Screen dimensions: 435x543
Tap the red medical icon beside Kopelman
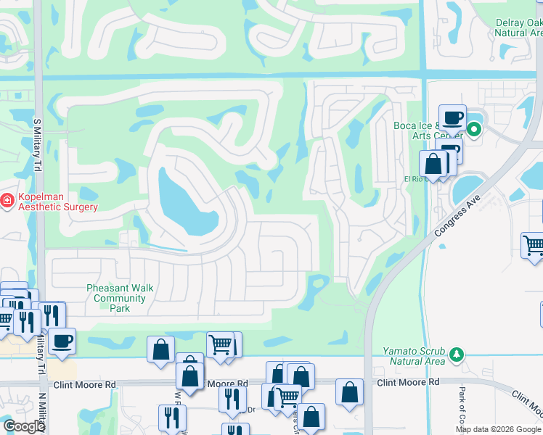[x=7, y=199]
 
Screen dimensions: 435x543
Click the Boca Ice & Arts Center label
[x=428, y=130]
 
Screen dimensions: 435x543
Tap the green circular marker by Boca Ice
[x=474, y=130]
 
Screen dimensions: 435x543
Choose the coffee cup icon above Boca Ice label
[x=452, y=117]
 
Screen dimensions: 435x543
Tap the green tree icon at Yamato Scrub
[x=457, y=355]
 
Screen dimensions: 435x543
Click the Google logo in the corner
[x=24, y=426]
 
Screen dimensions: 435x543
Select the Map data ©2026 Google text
[x=498, y=429]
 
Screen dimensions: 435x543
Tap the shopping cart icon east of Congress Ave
[x=533, y=245]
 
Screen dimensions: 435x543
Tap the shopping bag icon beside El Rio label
[x=433, y=163]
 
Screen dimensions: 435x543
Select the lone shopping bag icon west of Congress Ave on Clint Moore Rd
[x=349, y=391]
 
